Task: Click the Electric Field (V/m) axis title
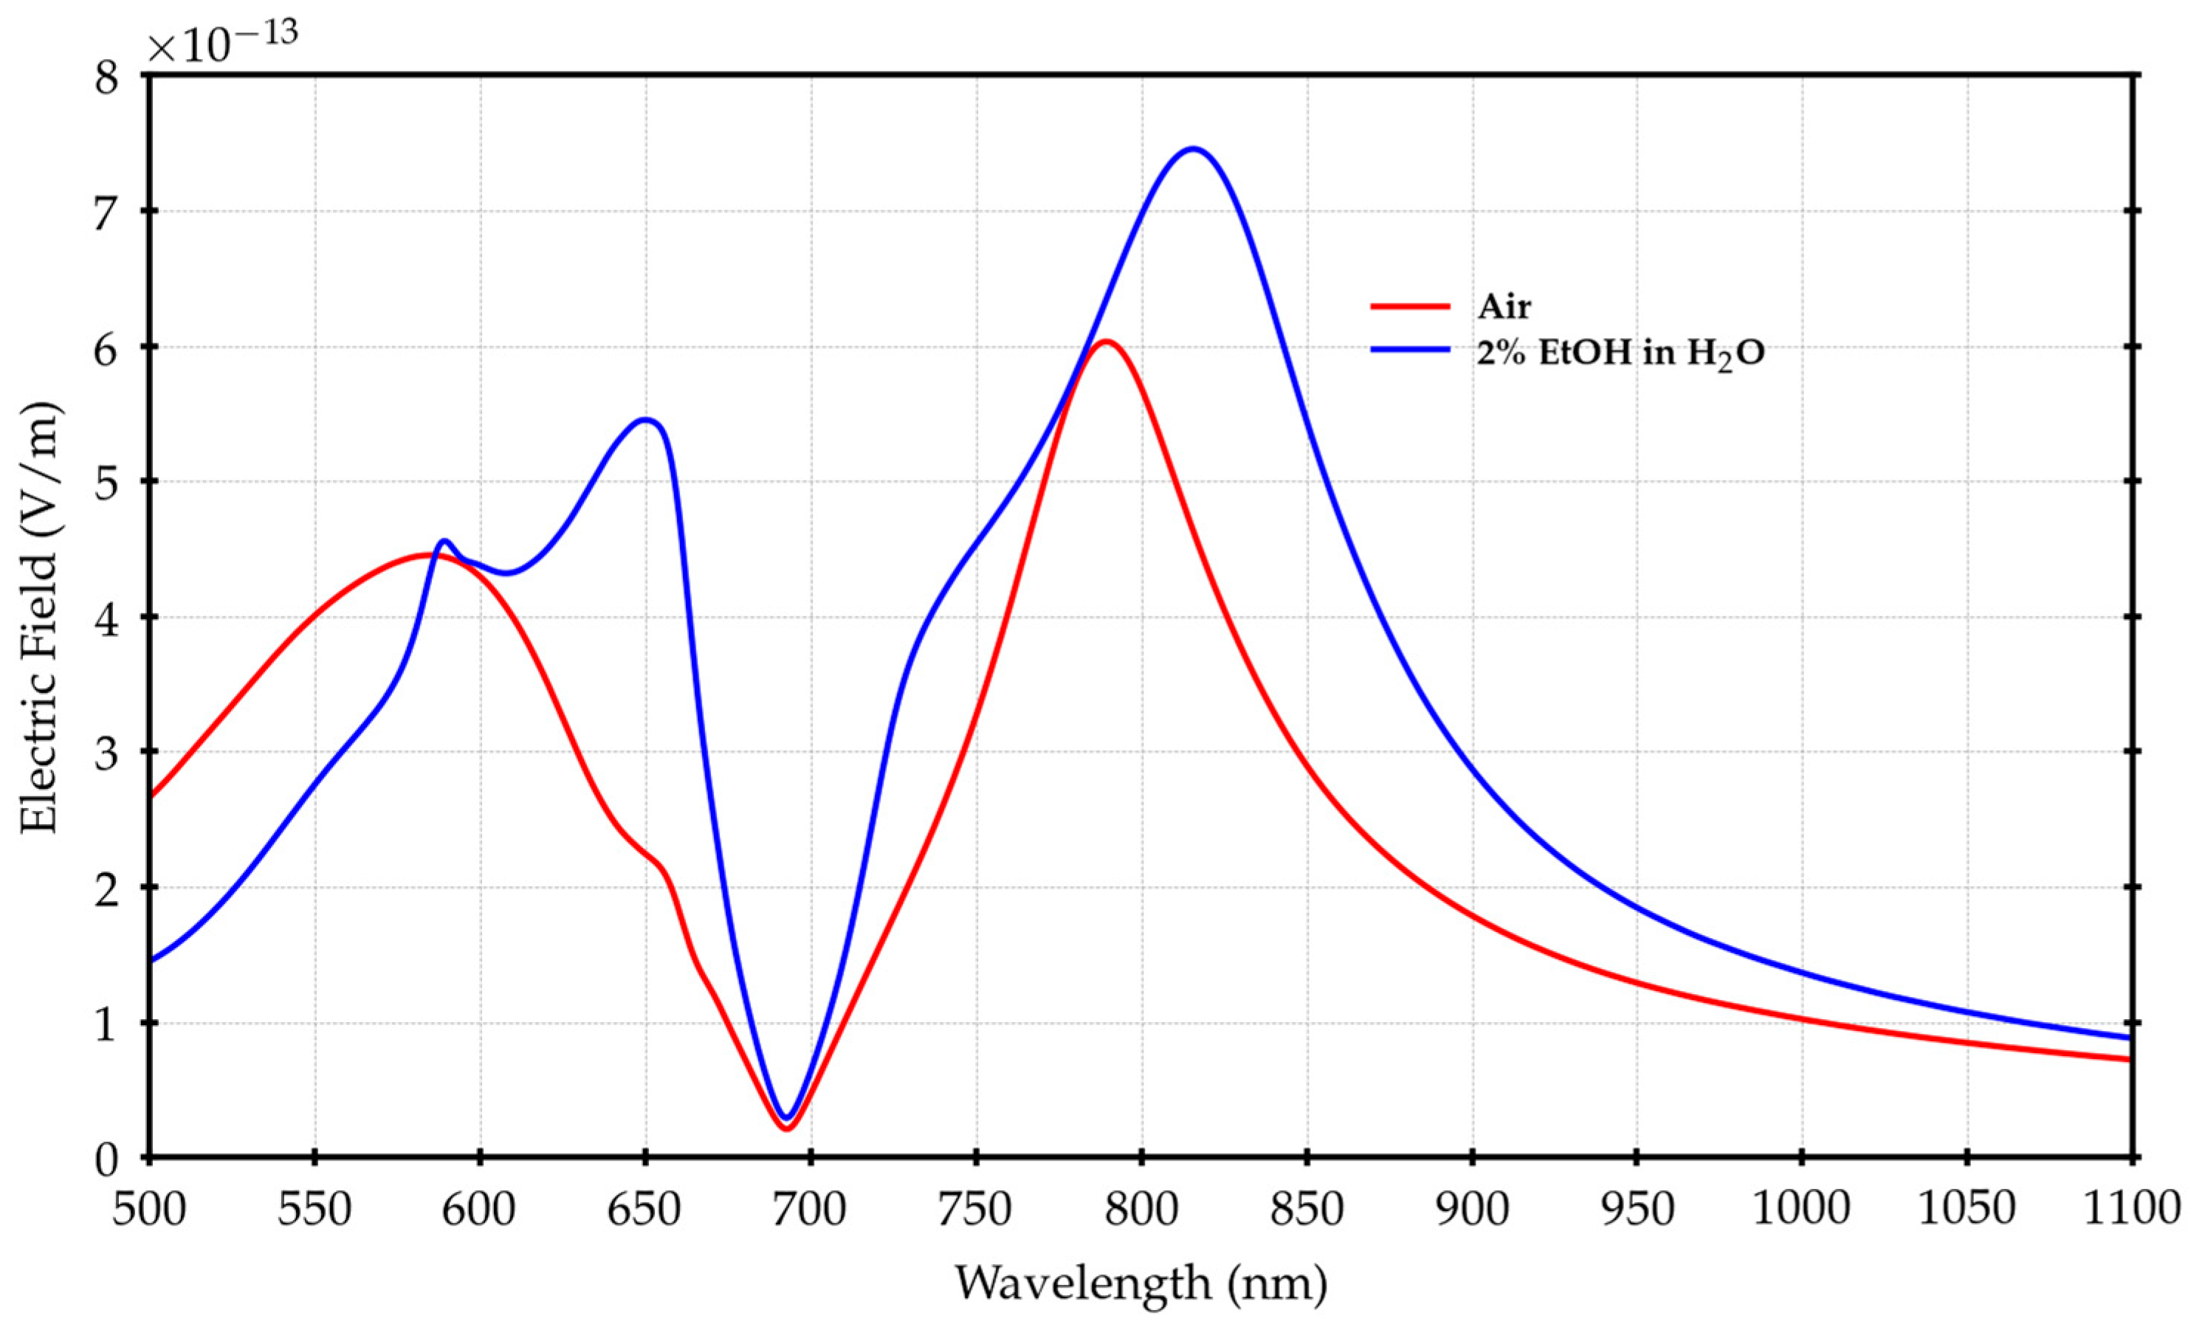coord(40,617)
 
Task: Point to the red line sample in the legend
coord(1410,306)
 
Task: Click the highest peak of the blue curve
coord(1192,148)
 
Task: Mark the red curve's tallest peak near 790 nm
coord(1105,342)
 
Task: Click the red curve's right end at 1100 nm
coord(2130,1059)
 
